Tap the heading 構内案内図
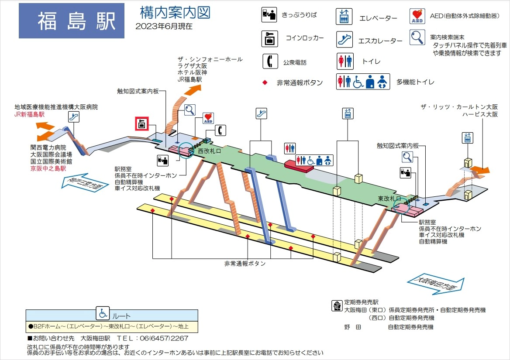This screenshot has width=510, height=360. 175,13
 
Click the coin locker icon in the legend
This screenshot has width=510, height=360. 270,38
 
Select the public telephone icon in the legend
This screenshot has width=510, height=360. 270,61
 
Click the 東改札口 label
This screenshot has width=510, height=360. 389,199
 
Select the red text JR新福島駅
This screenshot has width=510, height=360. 30,114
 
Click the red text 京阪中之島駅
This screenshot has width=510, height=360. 48,168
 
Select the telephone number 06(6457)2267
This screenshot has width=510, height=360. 162,339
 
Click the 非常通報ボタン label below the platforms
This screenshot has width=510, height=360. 245,264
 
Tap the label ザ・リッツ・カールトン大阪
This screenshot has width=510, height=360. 459,107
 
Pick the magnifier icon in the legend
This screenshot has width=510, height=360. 417,38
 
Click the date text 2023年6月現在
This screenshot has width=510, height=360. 164,26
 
